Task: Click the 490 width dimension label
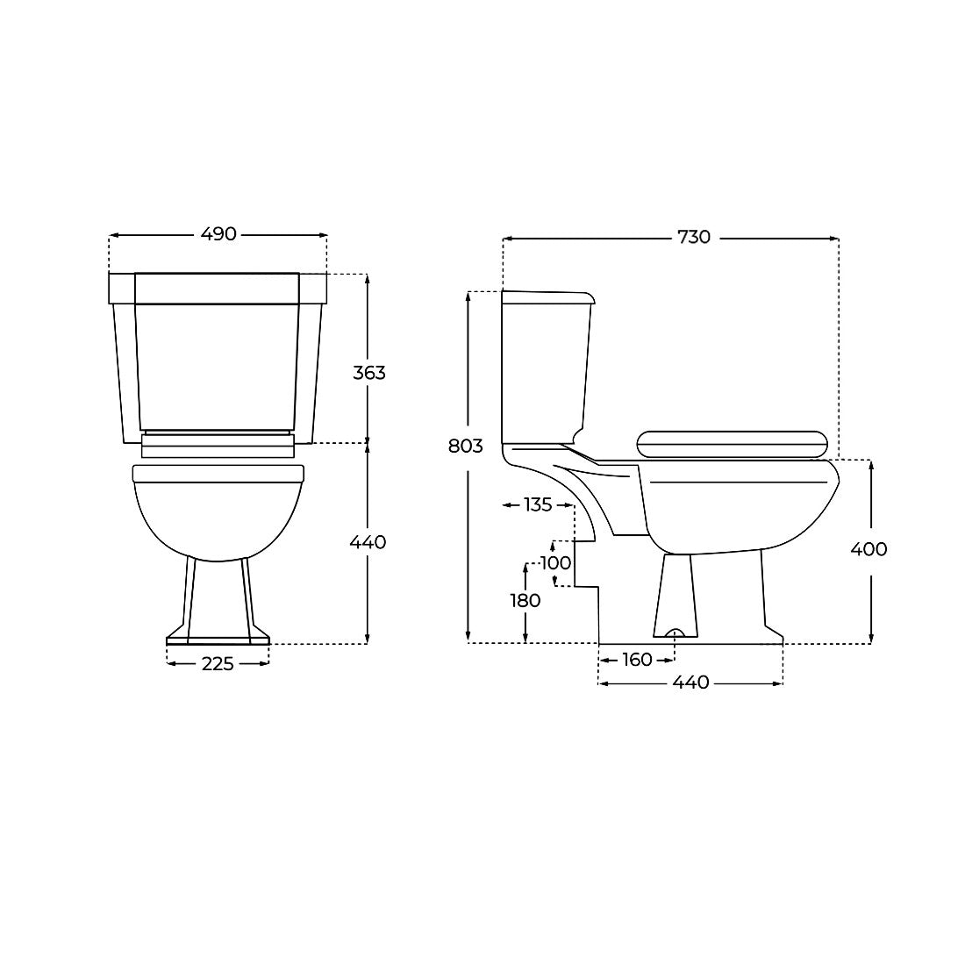[x=218, y=234]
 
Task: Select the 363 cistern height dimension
[x=369, y=372]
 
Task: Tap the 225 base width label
[x=218, y=663]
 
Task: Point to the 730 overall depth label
[x=694, y=237]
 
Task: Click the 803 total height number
[x=466, y=446]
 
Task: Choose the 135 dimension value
[x=538, y=504]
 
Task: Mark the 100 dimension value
[x=555, y=562]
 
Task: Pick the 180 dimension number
[x=525, y=600]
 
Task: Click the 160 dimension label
[x=637, y=660]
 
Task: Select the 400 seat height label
[x=868, y=549]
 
